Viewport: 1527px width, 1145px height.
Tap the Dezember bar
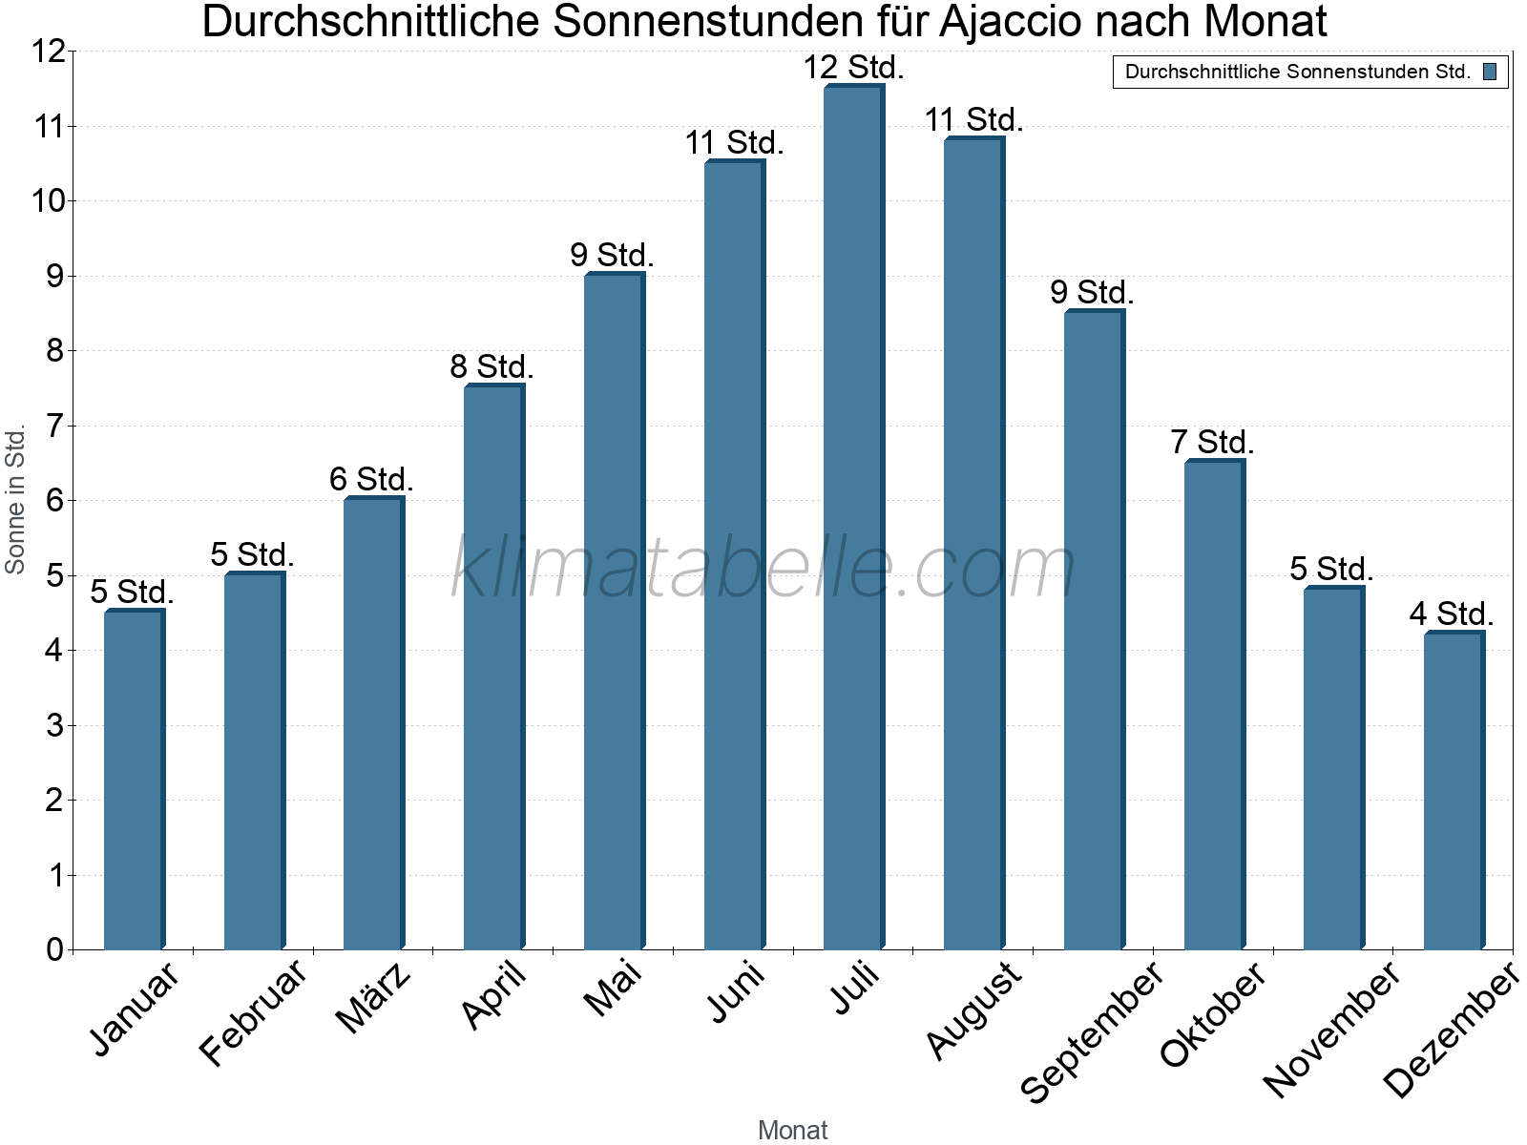(x=1454, y=791)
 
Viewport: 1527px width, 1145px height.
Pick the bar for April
(x=493, y=667)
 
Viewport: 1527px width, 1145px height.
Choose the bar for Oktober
(x=1213, y=705)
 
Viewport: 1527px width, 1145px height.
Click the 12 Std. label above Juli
(x=853, y=68)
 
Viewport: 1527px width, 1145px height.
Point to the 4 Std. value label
(x=1452, y=614)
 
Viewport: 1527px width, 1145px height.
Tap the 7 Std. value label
(x=1212, y=443)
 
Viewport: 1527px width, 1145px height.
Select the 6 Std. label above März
(x=371, y=479)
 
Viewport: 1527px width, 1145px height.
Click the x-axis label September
(x=1092, y=1031)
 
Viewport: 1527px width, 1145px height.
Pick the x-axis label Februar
(x=253, y=1012)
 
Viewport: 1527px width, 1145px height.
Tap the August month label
(x=973, y=1010)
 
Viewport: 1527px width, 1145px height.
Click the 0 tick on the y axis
(x=54, y=949)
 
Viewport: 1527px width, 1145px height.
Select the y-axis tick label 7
(x=54, y=426)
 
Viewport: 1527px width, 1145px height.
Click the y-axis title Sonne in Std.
(x=15, y=499)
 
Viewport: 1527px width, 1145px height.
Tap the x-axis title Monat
(x=792, y=1130)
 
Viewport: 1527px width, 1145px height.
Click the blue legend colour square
(x=1490, y=72)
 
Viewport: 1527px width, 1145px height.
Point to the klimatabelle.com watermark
(x=763, y=567)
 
